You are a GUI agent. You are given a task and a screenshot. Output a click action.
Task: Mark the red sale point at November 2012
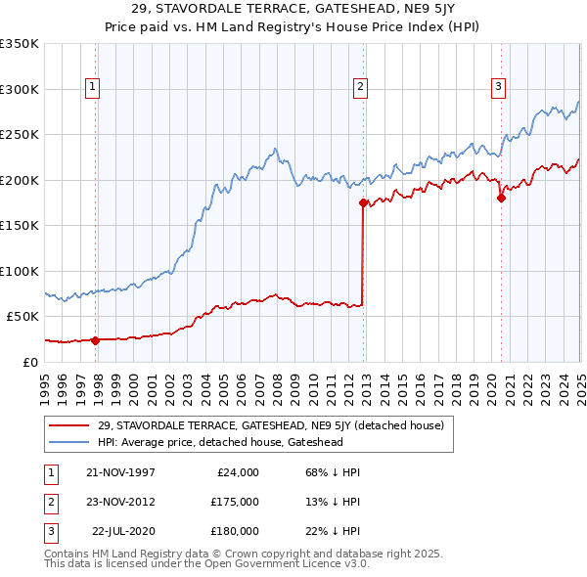[x=363, y=203]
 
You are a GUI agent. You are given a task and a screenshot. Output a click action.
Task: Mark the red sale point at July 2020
[x=501, y=198]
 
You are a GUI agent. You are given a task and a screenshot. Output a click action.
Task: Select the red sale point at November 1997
[x=96, y=340]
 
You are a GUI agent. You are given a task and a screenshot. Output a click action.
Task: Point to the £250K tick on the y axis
[x=20, y=135]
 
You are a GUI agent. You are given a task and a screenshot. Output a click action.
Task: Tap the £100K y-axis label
[x=20, y=271]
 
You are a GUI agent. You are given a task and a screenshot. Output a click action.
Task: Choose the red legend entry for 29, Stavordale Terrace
[x=271, y=425]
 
